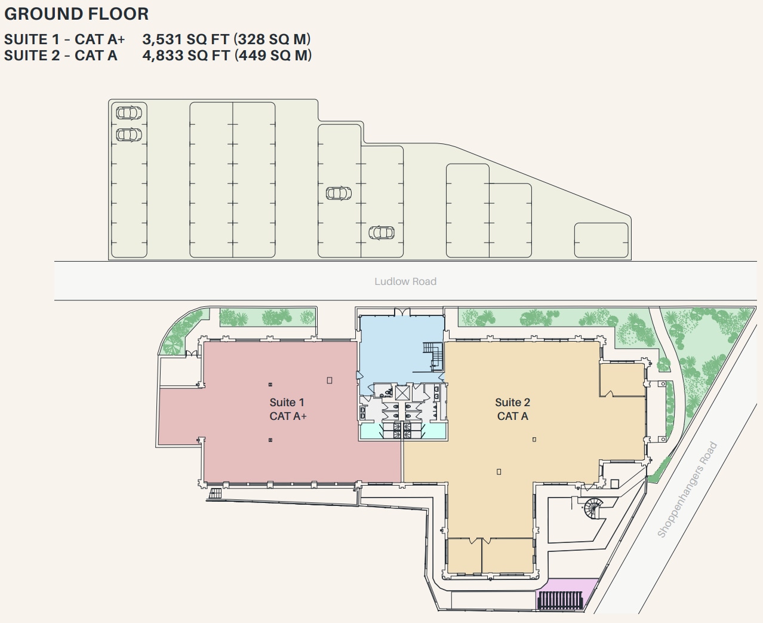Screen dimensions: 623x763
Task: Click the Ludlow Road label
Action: coord(405,281)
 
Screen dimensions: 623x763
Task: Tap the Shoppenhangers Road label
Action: coord(687,489)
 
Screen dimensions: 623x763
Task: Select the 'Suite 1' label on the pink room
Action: coord(287,403)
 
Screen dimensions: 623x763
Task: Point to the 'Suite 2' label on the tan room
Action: coord(512,403)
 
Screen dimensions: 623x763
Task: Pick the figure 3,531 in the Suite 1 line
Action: coord(162,39)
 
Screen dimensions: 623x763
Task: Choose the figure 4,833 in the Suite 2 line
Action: coord(162,56)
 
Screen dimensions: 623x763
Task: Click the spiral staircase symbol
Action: coord(593,509)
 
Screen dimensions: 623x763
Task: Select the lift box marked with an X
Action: coord(402,392)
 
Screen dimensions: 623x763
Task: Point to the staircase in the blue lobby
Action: coord(432,355)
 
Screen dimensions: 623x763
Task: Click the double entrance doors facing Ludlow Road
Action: coord(402,312)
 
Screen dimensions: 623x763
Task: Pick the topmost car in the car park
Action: coord(128,112)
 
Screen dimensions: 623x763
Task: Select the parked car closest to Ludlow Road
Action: coord(381,232)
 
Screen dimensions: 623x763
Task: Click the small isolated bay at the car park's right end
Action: coord(601,240)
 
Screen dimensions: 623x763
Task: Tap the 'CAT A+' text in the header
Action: coord(100,39)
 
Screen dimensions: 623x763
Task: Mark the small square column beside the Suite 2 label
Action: coord(534,440)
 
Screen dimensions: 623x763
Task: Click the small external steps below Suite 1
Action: coord(215,493)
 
